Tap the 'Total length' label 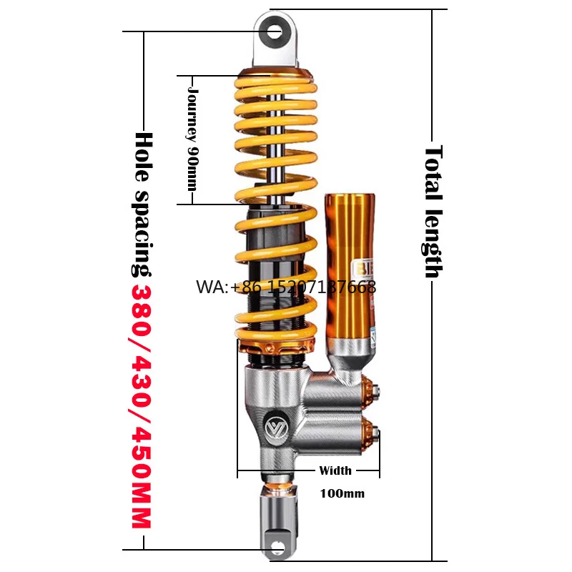[x=434, y=212]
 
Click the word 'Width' [x=335, y=470]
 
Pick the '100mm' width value [x=341, y=493]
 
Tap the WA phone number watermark [x=286, y=287]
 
